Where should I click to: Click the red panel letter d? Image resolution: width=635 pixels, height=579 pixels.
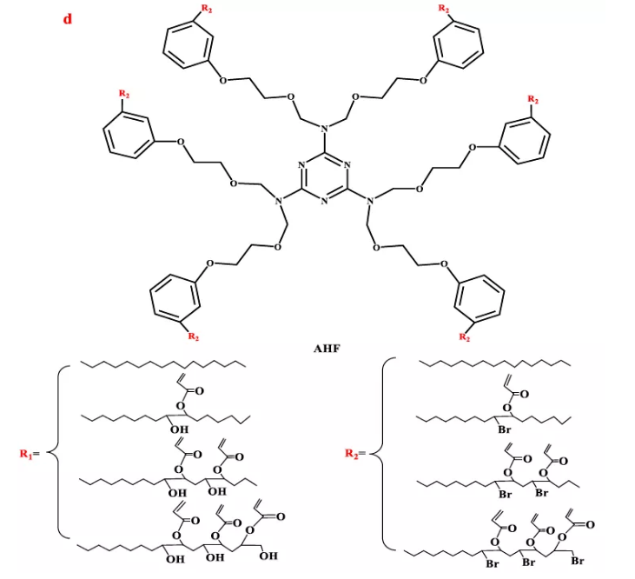pyautogui.click(x=67, y=18)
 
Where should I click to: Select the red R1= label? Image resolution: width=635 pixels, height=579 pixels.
pyautogui.click(x=36, y=453)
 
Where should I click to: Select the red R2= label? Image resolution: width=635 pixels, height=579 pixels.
pyautogui.click(x=358, y=453)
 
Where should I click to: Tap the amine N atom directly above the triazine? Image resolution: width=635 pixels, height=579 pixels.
pyautogui.click(x=323, y=130)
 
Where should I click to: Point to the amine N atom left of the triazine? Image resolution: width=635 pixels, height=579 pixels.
pyautogui.click(x=279, y=202)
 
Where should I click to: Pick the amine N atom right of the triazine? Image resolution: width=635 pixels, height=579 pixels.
pyautogui.click(x=368, y=202)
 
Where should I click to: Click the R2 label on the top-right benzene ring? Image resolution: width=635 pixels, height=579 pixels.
pyautogui.click(x=445, y=9)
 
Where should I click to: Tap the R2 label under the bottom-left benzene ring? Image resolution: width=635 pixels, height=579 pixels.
pyautogui.click(x=195, y=336)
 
